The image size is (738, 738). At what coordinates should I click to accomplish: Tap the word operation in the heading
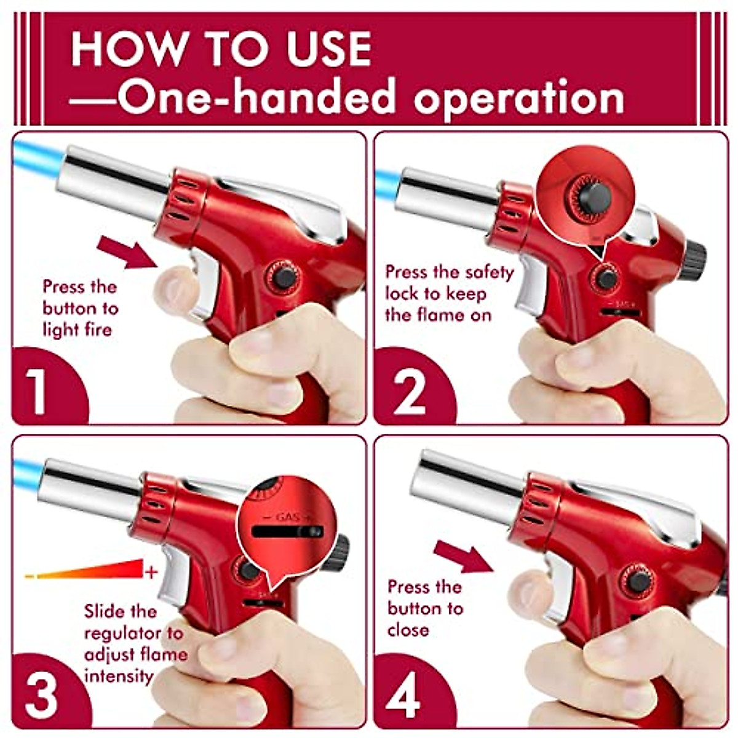pyautogui.click(x=520, y=97)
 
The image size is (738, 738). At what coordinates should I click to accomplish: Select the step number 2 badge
pyautogui.click(x=409, y=391)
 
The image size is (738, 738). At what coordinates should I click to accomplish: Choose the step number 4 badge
pyautogui.click(x=403, y=695)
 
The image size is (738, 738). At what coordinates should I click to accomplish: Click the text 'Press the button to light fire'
pyautogui.click(x=80, y=308)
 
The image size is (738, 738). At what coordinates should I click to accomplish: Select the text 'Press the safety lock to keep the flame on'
pyautogui.click(x=449, y=293)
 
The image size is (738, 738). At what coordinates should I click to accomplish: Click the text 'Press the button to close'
pyautogui.click(x=424, y=608)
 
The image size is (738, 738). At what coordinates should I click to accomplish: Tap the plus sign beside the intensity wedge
pyautogui.click(x=151, y=572)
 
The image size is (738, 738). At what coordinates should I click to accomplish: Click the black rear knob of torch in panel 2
pyautogui.click(x=695, y=258)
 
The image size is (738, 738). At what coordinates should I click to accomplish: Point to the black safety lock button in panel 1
pyautogui.click(x=284, y=278)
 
